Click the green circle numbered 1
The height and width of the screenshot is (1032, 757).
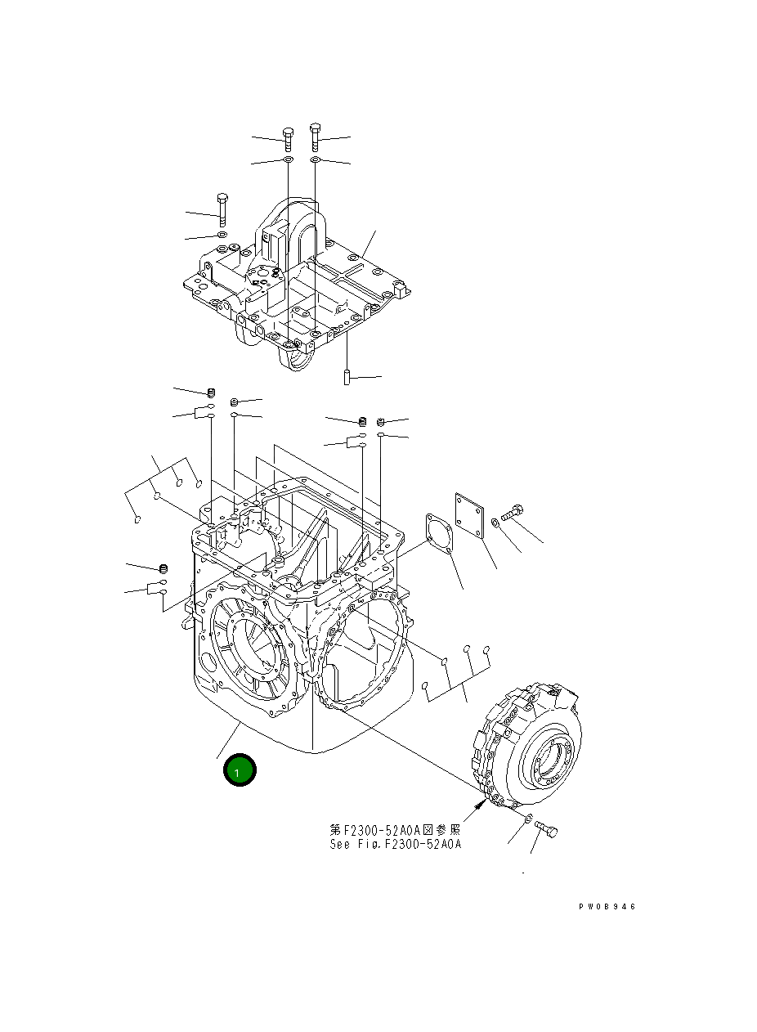coord(237,771)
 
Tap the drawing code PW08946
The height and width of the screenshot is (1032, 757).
coord(606,907)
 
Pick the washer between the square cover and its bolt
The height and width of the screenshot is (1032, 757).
coord(495,523)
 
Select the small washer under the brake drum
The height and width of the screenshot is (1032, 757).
coord(527,819)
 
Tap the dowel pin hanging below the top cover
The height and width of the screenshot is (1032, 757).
coord(347,379)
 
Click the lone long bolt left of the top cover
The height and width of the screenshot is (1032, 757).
coord(222,209)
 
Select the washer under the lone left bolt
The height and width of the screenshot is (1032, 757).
coord(222,236)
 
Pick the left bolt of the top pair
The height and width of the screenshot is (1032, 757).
coord(287,139)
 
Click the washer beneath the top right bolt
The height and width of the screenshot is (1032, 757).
coord(316,160)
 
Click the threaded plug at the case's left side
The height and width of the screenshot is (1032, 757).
coord(163,568)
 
